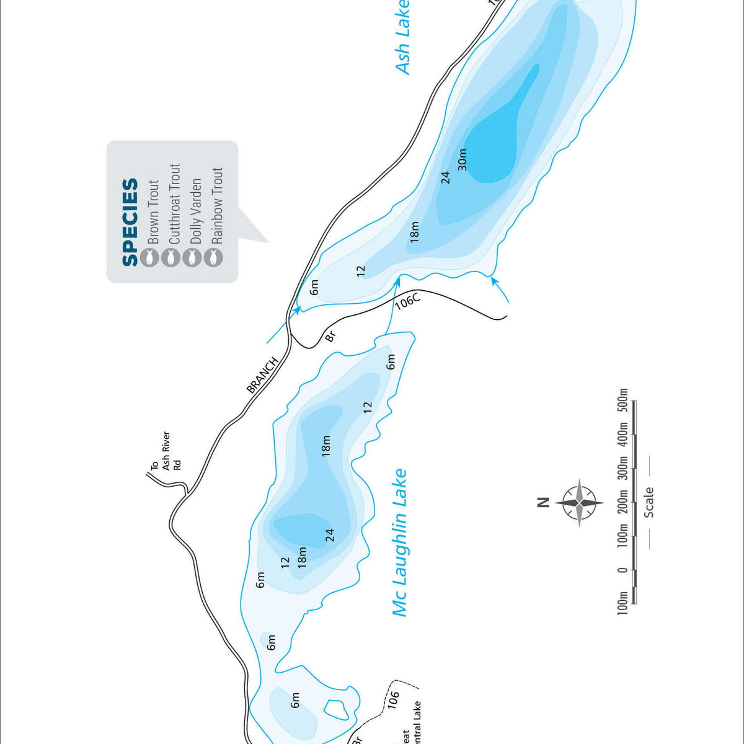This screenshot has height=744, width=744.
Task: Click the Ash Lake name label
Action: coord(403,38)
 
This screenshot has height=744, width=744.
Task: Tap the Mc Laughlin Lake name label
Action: coord(400,542)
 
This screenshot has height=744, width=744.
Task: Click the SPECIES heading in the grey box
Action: coord(130,222)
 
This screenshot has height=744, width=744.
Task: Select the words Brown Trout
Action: coord(153,211)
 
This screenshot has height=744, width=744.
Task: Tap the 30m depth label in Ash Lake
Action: coord(462,160)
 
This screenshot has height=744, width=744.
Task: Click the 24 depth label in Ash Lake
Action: coord(445,177)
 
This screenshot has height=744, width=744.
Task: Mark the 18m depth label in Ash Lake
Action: coord(414,231)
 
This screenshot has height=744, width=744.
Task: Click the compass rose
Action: coord(579,502)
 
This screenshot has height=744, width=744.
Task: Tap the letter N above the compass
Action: coord(543,502)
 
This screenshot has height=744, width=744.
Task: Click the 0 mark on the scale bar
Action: coord(623,570)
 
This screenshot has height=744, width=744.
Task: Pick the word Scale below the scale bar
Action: coord(649,502)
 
